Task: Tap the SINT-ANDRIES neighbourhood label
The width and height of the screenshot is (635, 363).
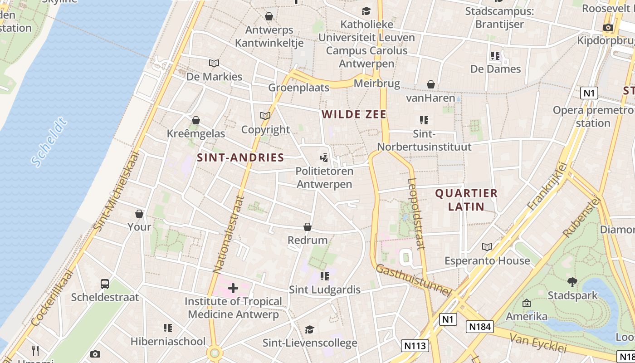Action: coord(240,158)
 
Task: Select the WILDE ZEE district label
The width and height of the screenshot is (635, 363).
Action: coord(354,114)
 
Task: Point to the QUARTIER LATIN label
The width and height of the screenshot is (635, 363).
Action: coord(466,200)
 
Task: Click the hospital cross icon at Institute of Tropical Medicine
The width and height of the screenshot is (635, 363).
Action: coord(233,288)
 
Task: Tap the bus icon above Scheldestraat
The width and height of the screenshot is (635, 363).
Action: coord(105,284)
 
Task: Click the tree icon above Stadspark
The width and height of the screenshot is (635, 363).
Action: coord(572,282)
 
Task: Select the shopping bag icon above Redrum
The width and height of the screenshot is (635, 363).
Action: coord(308,227)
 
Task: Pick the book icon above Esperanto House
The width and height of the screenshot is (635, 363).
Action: coord(487,247)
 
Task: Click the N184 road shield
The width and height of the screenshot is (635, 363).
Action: coord(480,327)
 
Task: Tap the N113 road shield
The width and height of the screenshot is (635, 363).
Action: coord(415,346)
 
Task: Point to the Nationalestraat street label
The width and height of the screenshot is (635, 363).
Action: coord(228,234)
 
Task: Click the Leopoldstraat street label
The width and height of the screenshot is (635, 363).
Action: coord(416,213)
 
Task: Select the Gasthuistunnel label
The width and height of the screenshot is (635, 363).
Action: coord(414,280)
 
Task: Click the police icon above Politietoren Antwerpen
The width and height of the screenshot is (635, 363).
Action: coord(324,158)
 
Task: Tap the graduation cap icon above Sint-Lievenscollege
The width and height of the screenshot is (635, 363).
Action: coord(310,329)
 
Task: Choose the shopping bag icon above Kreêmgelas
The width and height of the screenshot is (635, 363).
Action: coord(196,120)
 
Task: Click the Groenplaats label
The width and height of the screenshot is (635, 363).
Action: coord(299,88)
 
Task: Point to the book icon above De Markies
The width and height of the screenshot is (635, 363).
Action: coord(214,63)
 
